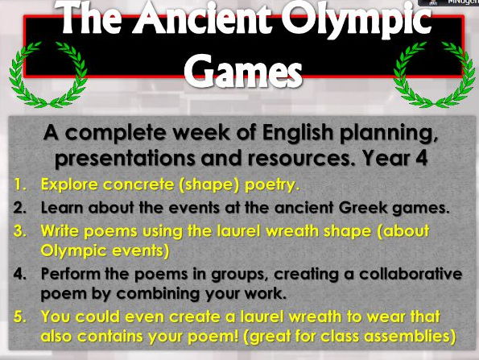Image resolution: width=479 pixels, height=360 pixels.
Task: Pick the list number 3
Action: (x=19, y=230)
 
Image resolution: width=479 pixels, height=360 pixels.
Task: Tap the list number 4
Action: (x=19, y=274)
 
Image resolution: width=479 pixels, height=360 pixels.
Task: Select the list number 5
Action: (x=19, y=316)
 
